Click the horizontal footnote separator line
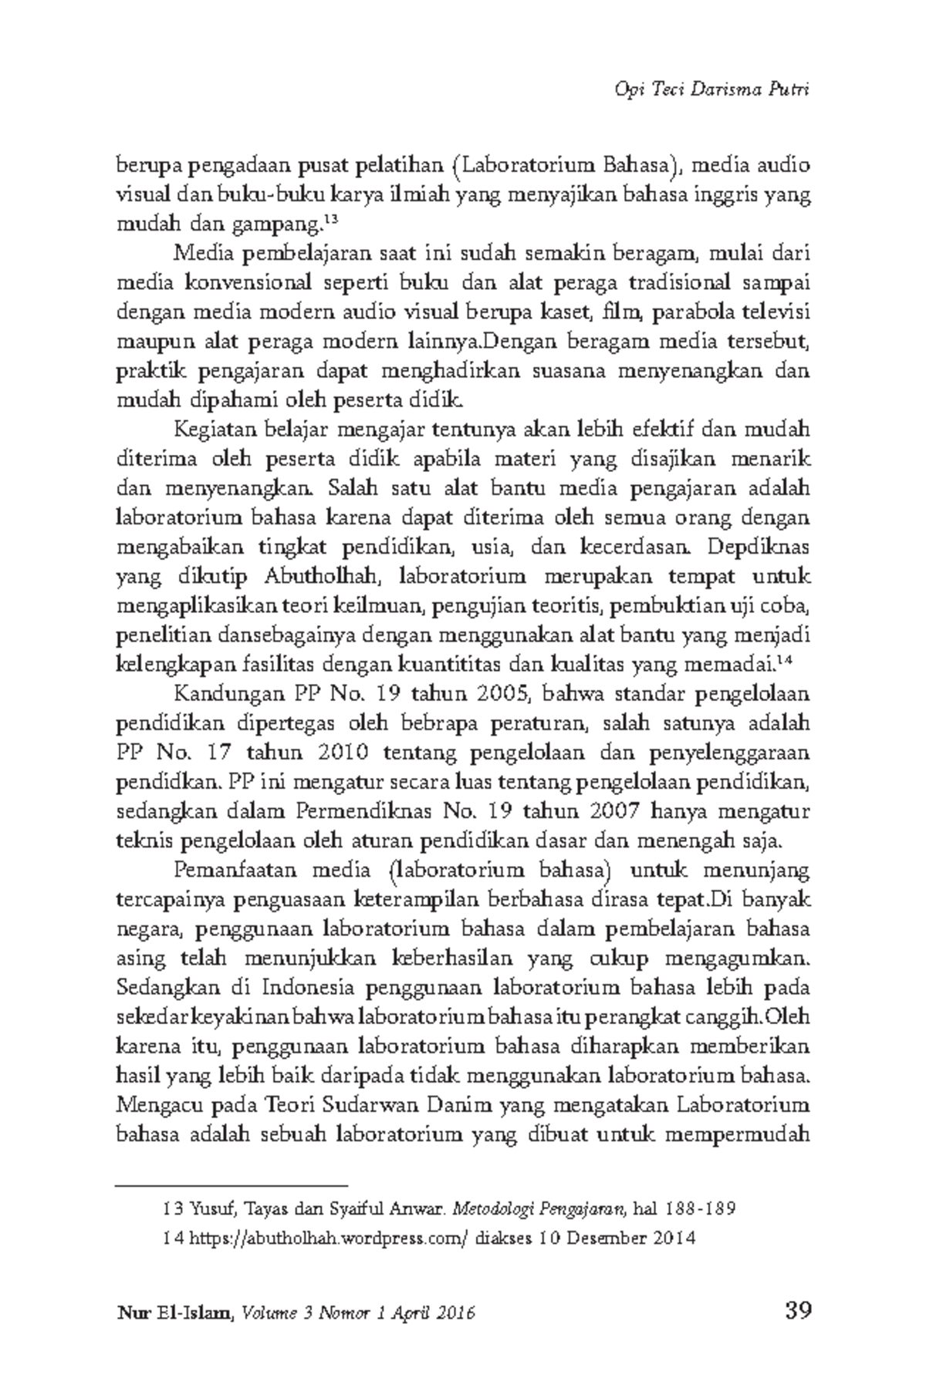(231, 1182)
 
